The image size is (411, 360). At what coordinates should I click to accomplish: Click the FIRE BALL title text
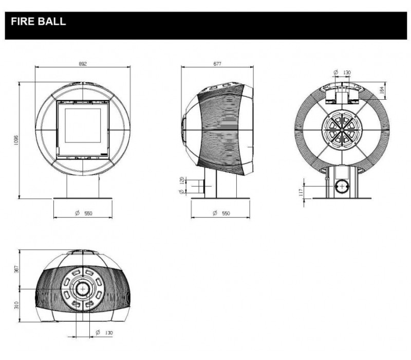[x=38, y=23]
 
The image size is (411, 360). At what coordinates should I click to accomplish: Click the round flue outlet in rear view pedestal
[x=340, y=186]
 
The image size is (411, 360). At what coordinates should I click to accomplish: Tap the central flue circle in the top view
[x=82, y=290]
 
